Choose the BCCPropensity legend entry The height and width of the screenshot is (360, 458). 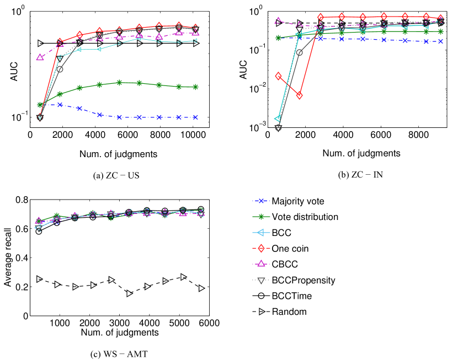tap(303, 280)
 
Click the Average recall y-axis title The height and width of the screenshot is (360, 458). tap(8, 258)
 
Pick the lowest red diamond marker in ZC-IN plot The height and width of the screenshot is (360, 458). tap(299, 95)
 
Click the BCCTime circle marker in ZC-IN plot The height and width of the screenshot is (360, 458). tap(299, 52)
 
